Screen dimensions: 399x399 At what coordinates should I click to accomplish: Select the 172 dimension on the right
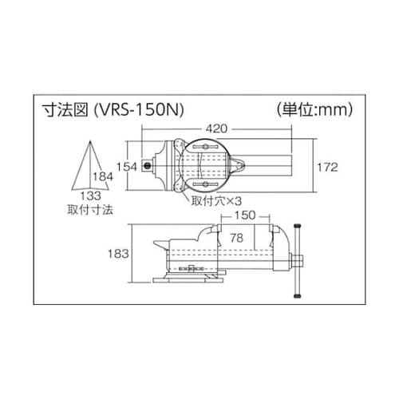click(x=329, y=168)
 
